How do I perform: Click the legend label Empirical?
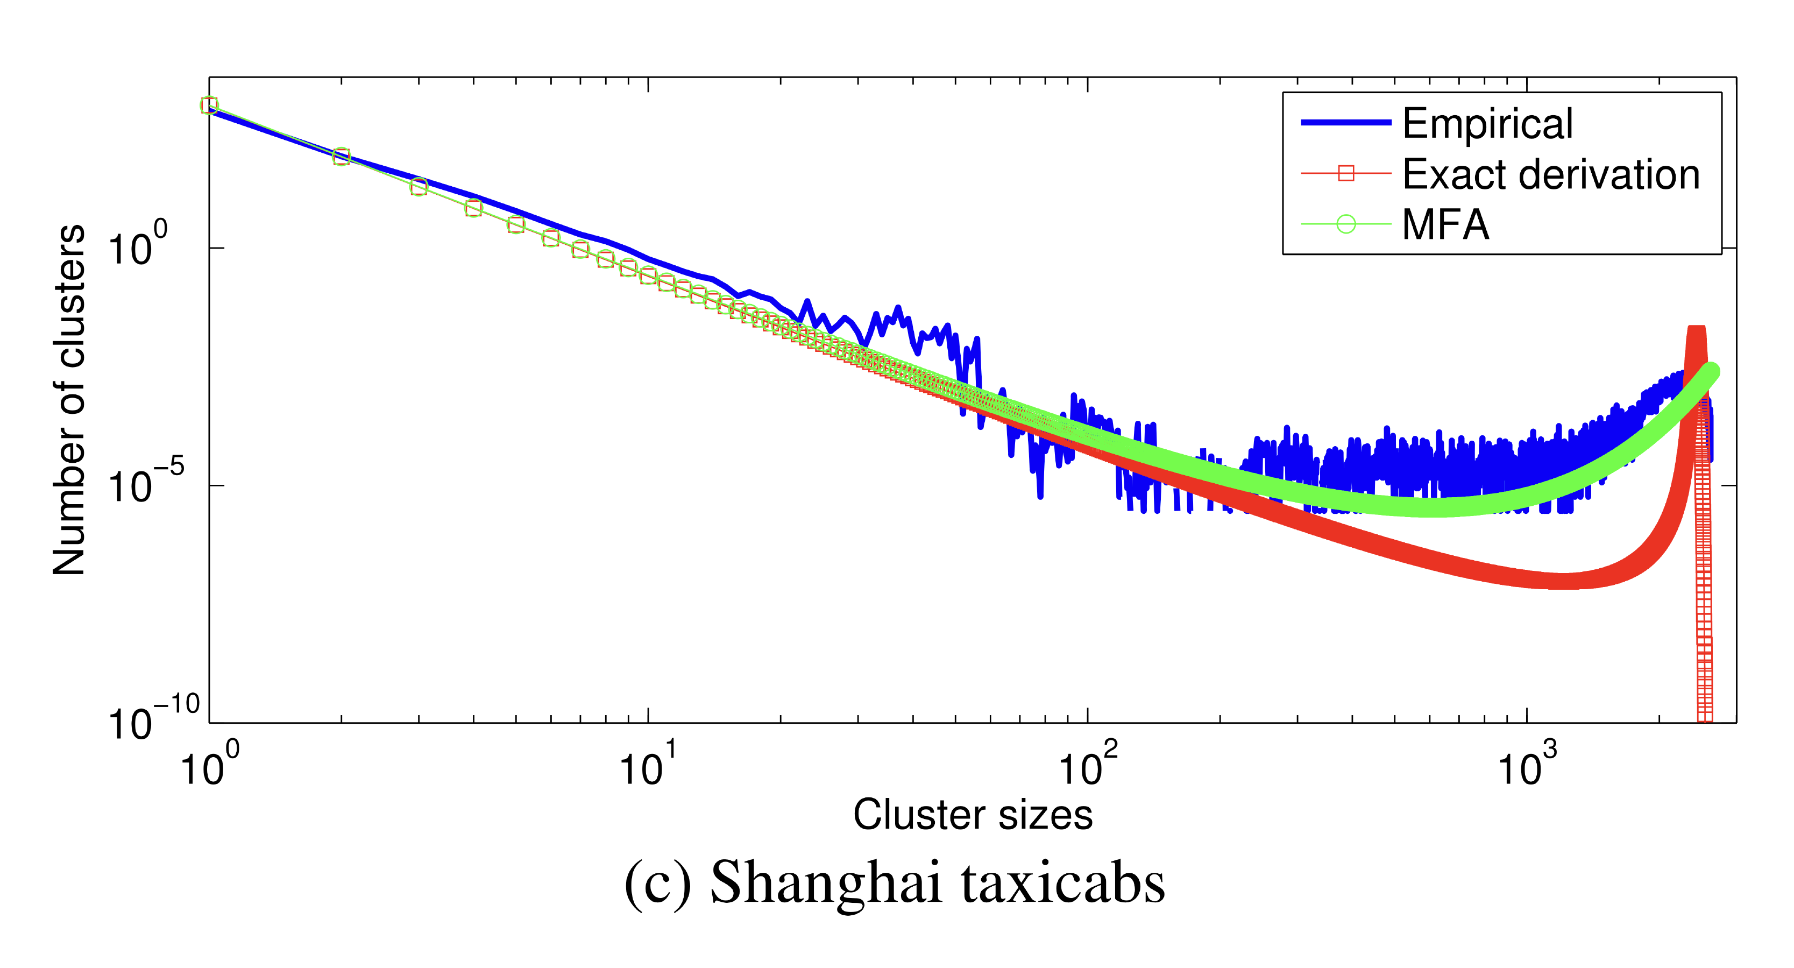[x=1487, y=123]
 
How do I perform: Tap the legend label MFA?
[x=1446, y=225]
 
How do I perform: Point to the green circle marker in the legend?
[x=1346, y=225]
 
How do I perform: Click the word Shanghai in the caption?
[x=825, y=882]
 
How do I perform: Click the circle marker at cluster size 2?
[x=341, y=156]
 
